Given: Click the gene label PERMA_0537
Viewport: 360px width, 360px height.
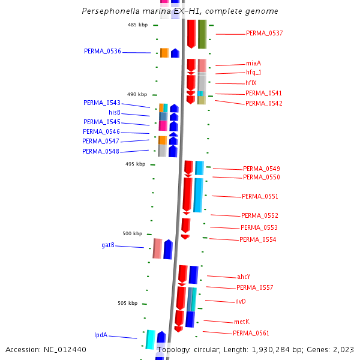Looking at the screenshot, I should click(264, 34).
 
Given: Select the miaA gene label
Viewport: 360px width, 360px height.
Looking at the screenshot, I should click(253, 64).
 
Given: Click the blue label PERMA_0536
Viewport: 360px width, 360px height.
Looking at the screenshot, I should click(103, 52).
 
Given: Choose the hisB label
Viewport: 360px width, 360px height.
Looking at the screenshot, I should click(115, 112).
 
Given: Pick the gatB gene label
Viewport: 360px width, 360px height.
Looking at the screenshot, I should click(108, 245).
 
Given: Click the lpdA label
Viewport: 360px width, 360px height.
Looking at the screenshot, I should click(101, 335).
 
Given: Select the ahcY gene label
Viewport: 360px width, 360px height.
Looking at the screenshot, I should click(244, 277).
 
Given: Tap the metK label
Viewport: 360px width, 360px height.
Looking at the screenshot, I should click(242, 322).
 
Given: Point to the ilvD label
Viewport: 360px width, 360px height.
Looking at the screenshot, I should click(241, 301).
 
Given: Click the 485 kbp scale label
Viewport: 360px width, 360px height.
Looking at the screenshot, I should click(137, 25).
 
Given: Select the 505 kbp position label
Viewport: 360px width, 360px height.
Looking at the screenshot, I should click(128, 303).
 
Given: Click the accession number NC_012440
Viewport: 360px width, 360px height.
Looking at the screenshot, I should click(66, 349).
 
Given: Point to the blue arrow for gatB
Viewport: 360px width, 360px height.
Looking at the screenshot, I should click(168, 250).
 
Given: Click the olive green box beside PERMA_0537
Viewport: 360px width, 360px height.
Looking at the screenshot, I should click(202, 34).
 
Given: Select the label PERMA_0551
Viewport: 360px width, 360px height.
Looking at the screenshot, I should click(260, 196).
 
